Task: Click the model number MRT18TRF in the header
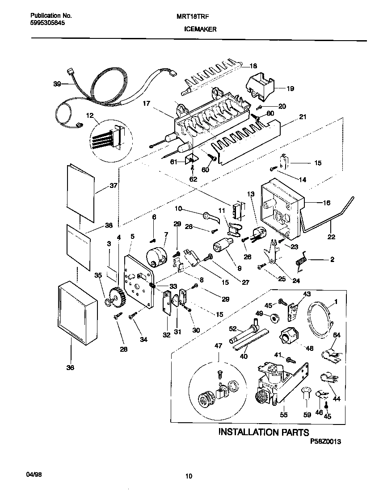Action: [196, 15]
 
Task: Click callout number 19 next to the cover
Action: [290, 88]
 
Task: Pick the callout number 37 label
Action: [113, 186]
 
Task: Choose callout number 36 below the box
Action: [71, 367]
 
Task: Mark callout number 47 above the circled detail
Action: [218, 346]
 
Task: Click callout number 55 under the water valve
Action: [284, 415]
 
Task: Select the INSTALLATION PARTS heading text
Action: [263, 432]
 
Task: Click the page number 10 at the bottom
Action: [189, 476]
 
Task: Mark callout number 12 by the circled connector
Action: [90, 116]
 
